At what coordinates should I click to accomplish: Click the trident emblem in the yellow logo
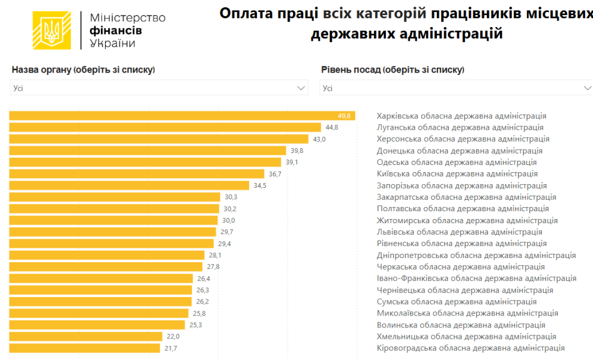(52, 29)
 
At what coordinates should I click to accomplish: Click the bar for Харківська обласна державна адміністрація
(180, 116)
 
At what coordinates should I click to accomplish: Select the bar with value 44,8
(165, 127)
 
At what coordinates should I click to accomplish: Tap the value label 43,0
(319, 139)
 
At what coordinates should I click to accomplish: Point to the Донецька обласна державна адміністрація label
(459, 151)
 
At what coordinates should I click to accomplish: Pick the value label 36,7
(275, 174)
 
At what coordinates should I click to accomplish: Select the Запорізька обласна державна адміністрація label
(462, 185)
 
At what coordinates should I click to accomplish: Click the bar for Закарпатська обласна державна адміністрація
(115, 197)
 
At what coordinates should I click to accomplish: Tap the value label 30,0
(229, 220)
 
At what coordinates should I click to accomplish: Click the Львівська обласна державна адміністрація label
(459, 232)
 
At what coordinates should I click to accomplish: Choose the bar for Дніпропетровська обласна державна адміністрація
(107, 255)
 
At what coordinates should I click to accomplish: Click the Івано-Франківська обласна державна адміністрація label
(477, 278)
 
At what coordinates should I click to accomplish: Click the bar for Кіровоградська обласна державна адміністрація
(85, 348)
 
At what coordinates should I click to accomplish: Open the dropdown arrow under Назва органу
(301, 88)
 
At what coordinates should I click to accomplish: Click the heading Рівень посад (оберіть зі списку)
(393, 70)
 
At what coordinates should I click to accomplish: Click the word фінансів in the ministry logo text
(115, 30)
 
